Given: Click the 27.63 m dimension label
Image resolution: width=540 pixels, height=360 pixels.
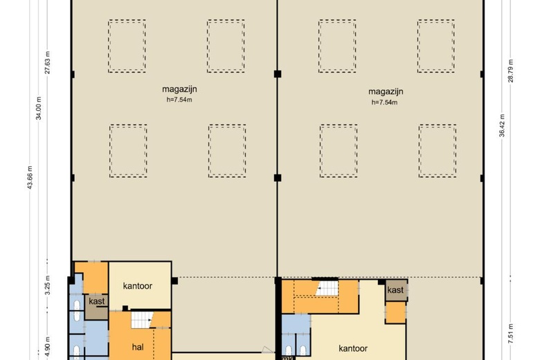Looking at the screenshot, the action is coord(48,63).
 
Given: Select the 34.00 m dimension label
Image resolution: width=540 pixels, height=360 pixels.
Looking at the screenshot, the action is coord(39,108).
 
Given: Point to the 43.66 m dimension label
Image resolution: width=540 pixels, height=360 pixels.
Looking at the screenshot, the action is coord(30,178).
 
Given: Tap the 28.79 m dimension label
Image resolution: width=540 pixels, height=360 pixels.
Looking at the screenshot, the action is coord(510,71).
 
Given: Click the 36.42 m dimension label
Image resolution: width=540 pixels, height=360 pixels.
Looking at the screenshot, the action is coord(502,126).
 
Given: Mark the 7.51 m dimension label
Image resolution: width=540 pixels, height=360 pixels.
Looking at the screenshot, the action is coord(511,334).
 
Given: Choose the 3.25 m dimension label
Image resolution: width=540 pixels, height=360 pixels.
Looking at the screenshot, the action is coord(48,285).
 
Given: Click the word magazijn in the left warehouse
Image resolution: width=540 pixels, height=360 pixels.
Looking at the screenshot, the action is coord(179,89).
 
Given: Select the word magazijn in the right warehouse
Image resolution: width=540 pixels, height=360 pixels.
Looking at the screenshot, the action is coord(386,92).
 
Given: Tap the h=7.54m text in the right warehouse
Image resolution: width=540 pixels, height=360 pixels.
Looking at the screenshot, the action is coord(384,102).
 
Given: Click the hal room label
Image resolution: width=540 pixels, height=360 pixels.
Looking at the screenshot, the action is coord(138,347).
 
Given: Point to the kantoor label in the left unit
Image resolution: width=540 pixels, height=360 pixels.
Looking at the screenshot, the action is coord(138,286).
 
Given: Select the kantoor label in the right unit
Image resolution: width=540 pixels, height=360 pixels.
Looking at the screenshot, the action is coord(353,349).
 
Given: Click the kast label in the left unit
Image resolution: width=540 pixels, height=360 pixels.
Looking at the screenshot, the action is coord(97,301).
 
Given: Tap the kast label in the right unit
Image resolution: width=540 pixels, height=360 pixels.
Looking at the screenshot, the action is coord(395,290).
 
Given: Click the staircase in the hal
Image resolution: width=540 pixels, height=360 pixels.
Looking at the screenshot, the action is coord(142,320).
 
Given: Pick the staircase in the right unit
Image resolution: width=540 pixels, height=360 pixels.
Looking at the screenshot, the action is coord(327,288).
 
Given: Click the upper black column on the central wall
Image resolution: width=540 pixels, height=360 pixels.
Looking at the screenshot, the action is coord(278,74).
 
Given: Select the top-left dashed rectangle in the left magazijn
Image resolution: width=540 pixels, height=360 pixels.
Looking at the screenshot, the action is coord(127,46).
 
